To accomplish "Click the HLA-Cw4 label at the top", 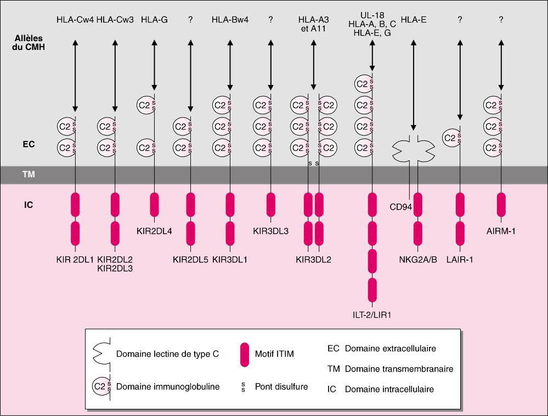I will click(x=75, y=20).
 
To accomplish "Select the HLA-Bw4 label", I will click(x=230, y=20).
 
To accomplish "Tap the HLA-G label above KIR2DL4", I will click(x=154, y=20).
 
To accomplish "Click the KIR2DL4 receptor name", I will click(x=154, y=231).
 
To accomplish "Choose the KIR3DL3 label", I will click(x=270, y=231).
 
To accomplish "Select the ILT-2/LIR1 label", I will click(x=372, y=315).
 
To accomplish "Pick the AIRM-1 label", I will click(x=501, y=231).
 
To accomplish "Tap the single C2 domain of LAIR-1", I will click(x=451, y=138).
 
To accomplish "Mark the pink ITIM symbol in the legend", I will click(x=245, y=354).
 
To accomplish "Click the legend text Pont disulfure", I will click(x=281, y=387).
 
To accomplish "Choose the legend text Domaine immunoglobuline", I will click(x=168, y=387).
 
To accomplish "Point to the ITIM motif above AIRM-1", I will click(x=501, y=204).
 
